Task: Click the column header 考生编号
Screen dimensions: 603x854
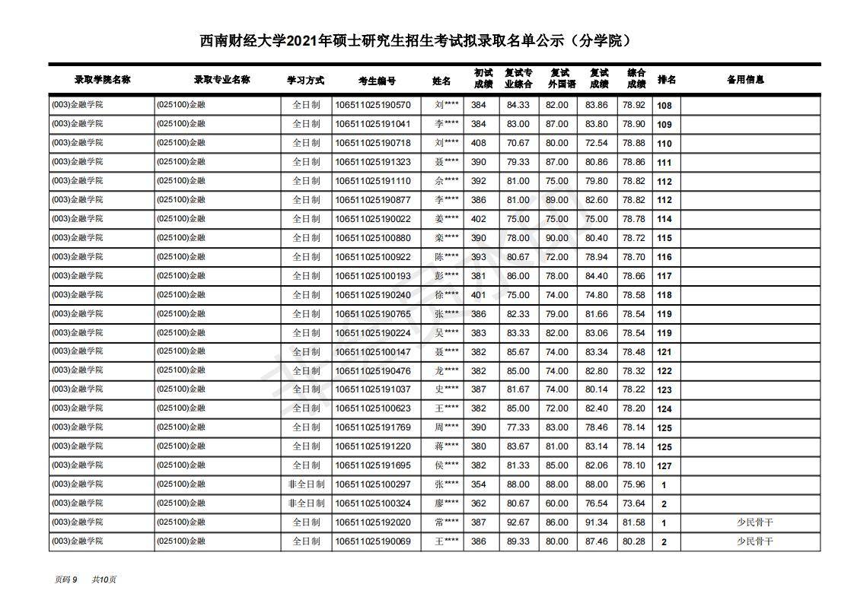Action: (377, 80)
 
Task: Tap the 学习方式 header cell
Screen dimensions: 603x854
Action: (305, 80)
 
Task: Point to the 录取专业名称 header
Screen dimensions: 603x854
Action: (221, 79)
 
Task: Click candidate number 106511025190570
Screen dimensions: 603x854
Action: (372, 105)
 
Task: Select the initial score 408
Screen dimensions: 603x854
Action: (478, 143)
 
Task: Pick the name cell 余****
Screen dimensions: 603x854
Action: (446, 181)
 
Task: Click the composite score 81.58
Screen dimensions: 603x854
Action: (633, 522)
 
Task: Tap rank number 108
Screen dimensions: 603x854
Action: (664, 106)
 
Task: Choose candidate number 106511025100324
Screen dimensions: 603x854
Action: (372, 503)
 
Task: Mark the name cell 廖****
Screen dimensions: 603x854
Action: (446, 503)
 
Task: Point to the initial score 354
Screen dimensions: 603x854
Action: (478, 484)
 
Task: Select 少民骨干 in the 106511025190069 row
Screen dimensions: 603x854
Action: (754, 541)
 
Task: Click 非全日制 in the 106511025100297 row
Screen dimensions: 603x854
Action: (306, 484)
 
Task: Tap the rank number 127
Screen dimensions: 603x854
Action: (664, 466)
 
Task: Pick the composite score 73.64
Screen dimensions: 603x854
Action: (633, 503)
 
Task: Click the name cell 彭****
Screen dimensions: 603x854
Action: (446, 276)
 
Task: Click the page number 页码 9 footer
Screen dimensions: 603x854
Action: (66, 579)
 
